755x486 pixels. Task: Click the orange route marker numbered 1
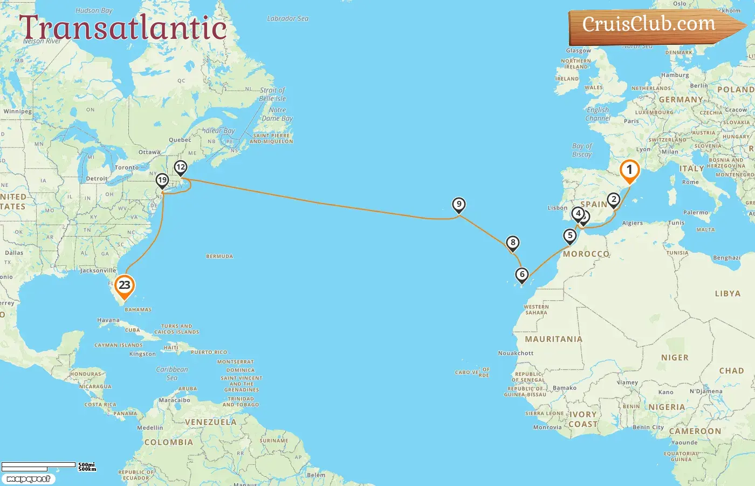point(629,170)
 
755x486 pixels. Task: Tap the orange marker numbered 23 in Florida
point(125,286)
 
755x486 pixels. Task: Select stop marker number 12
point(181,167)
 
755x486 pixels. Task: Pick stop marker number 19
point(162,180)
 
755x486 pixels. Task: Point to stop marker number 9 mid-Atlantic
point(458,205)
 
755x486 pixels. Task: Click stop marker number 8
point(513,243)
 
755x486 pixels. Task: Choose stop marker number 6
point(522,275)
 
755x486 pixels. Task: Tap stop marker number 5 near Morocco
point(570,235)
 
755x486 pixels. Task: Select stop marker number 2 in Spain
point(614,200)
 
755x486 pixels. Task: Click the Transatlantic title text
point(123,28)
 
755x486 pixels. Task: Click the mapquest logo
point(29,479)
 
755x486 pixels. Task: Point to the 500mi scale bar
point(39,465)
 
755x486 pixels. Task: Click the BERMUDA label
point(219,256)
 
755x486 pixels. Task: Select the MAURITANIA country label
point(554,339)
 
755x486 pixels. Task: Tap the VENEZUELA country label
point(210,422)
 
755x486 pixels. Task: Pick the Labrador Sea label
point(288,19)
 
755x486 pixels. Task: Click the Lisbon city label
point(557,208)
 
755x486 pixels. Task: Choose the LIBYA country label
point(727,294)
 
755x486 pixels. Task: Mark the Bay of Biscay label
point(582,150)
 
